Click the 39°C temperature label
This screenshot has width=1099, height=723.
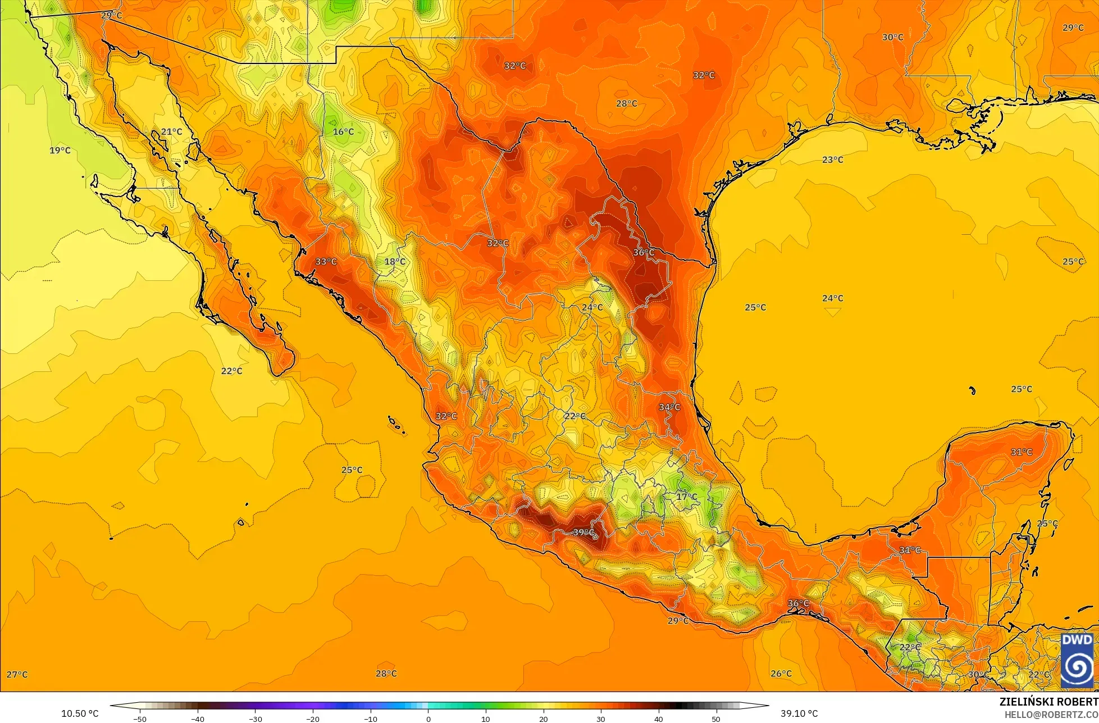pos(583,532)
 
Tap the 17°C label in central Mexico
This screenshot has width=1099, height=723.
pos(686,497)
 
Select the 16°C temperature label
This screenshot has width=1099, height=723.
pos(343,131)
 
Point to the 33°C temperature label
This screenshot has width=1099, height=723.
pos(326,261)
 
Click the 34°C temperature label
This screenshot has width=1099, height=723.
pos(669,407)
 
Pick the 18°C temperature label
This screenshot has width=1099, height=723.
pos(394,261)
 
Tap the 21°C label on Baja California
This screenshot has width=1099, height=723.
pos(171,131)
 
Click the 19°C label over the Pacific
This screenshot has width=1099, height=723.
pos(60,150)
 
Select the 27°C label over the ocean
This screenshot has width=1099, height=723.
pos(17,674)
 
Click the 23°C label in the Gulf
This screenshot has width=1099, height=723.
pos(832,160)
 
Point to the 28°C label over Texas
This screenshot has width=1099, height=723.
pos(626,103)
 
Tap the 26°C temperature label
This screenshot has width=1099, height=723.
pos(781,674)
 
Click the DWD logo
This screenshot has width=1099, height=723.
pos(1077,660)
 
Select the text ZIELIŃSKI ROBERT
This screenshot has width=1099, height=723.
pos(1048,702)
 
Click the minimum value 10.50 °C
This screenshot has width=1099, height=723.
pos(80,713)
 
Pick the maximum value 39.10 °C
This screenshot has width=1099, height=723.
pos(799,713)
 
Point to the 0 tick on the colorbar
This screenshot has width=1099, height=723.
pos(428,719)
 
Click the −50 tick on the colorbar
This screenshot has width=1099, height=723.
pos(140,719)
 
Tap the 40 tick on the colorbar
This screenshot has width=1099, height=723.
pos(658,719)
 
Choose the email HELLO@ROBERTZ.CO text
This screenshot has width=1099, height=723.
pos(1051,714)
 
